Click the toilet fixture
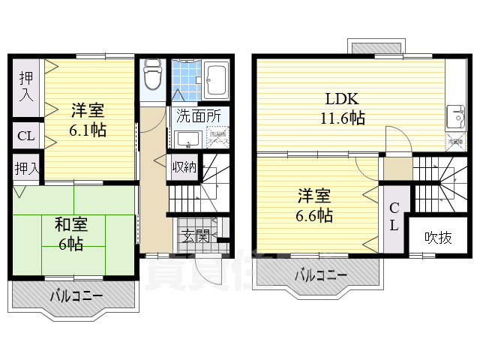point(153,75)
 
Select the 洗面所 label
point(198,116)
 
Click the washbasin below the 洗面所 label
point(187,139)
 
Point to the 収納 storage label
point(184,166)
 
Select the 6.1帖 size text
point(88,130)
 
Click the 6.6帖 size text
point(313,214)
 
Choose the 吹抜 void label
point(438,238)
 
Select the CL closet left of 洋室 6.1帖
point(25,136)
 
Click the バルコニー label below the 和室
point(76,296)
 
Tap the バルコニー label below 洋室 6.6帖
point(320,276)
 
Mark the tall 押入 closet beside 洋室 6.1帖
point(25,86)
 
